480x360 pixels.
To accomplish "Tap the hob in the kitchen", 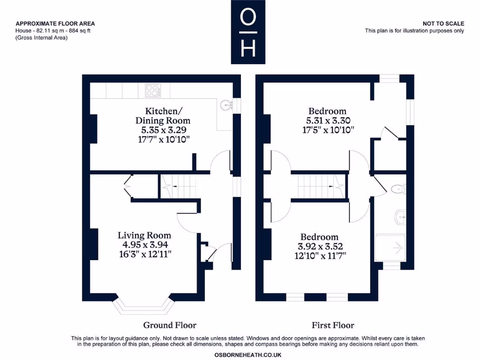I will pos(152,90).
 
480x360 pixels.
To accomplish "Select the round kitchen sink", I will pos(225,105).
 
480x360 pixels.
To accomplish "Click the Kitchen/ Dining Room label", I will pos(163,116).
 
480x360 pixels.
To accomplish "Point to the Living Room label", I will pos(144,235).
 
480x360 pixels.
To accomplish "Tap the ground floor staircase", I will pos(178,186).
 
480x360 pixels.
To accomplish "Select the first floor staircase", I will pos(319,186).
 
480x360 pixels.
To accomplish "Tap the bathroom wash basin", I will pos(400,216).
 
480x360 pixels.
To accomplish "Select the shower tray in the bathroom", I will pos(390,248).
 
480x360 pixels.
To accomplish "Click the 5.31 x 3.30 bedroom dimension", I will pos(327,120).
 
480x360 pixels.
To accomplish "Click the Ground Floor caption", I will pos(169,325).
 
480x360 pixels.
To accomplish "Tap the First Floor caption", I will pos(333,325).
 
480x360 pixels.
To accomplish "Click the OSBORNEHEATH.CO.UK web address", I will pos(247,355).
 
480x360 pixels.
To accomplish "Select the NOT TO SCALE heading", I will pos(443,23).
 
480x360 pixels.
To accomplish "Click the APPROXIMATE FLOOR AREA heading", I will pos(55,23).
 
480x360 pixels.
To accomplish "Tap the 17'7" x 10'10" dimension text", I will pos(163,139).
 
